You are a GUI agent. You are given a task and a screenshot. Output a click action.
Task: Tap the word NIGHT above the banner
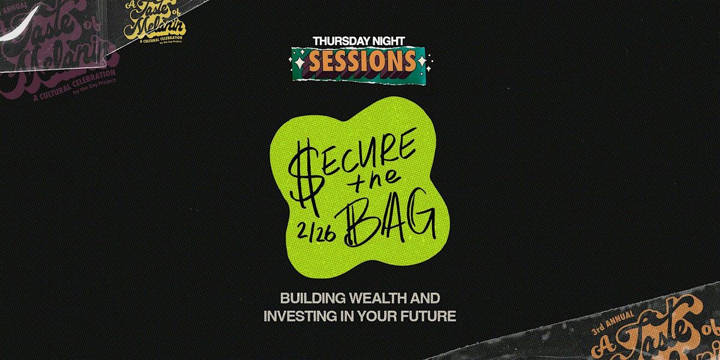pyautogui.click(x=391, y=41)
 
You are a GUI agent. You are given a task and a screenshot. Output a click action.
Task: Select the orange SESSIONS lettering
pyautogui.click(x=362, y=60)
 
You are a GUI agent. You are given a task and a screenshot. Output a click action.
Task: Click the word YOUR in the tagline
pyautogui.click(x=384, y=316)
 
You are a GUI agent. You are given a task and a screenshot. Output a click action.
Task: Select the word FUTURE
pyautogui.click(x=428, y=316)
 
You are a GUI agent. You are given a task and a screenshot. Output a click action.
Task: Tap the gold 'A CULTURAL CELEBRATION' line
pyautogui.click(x=154, y=38)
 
